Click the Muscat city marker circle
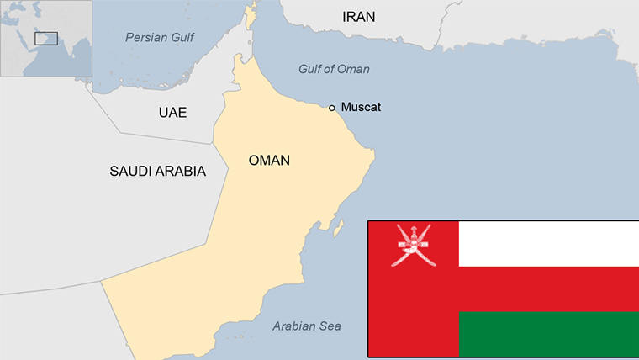(x=332, y=108)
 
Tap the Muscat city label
(x=361, y=108)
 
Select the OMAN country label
(x=269, y=160)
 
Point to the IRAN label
(x=359, y=17)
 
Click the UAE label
(x=172, y=113)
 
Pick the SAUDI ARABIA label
(x=157, y=171)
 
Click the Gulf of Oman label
(x=334, y=69)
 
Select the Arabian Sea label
(x=307, y=326)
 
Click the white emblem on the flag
(x=413, y=245)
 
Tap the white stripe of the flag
(x=548, y=244)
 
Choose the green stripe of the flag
(x=548, y=334)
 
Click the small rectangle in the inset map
(x=45, y=38)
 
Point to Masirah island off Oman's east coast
(x=339, y=226)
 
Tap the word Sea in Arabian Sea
(x=330, y=326)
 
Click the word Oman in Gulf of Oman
(x=354, y=69)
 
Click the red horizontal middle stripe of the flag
(x=548, y=289)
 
